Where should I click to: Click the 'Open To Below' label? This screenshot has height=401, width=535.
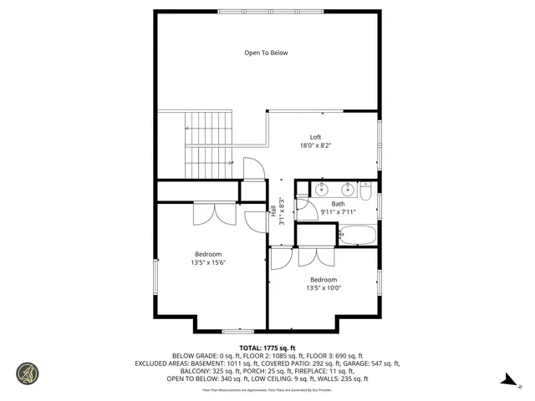pos(266,53)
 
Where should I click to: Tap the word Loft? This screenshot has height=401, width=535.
pos(315,137)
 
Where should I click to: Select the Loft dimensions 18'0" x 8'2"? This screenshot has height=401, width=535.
pos(315,145)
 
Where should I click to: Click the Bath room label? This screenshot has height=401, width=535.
pos(338,204)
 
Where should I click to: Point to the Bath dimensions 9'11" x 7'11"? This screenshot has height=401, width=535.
pos(338,212)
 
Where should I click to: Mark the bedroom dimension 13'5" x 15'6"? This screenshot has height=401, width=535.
pos(208,262)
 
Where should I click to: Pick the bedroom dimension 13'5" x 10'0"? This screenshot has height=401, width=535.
pos(323,288)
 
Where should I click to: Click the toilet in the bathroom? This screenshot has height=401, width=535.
pos(366,190)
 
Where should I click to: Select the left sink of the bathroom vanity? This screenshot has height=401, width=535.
pos(322,188)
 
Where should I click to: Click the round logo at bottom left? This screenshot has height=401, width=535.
pos(27,373)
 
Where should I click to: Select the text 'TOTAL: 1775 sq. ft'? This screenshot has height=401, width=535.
pos(267,348)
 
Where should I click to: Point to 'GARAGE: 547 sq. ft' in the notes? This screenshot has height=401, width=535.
pos(369,363)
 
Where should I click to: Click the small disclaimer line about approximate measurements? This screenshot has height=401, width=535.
pos(267,389)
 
